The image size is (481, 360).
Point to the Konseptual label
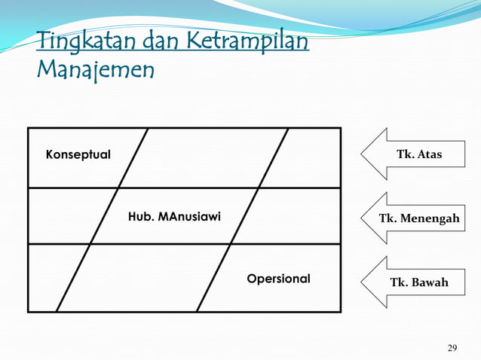pyautogui.click(x=78, y=154)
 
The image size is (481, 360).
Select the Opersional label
pyautogui.click(x=278, y=279)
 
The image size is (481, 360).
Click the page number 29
pyautogui.click(x=452, y=347)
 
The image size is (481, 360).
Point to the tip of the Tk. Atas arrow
pyautogui.click(x=363, y=154)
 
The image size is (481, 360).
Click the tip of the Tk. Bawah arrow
pyautogui.click(x=363, y=282)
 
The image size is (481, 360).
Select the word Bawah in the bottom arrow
pyautogui.click(x=429, y=282)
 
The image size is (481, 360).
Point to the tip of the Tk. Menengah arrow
pyautogui.click(x=363, y=218)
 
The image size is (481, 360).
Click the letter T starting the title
pyautogui.click(x=42, y=40)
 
